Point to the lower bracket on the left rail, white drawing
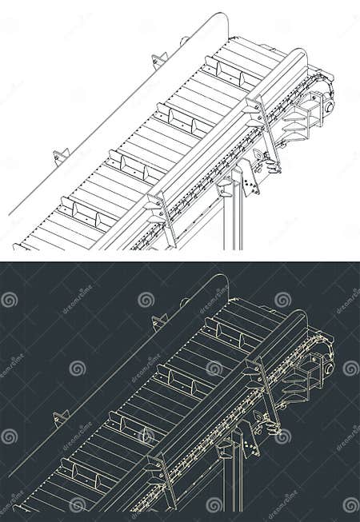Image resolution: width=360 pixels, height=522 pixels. (61, 156)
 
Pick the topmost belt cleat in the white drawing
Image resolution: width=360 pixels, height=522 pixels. (225, 73)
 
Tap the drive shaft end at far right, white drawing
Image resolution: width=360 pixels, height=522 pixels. (329, 105)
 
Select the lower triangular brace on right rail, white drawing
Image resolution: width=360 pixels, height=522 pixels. (157, 205)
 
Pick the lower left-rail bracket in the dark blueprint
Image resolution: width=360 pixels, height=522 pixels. (61, 417)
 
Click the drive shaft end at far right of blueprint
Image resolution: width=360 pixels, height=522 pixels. (329, 366)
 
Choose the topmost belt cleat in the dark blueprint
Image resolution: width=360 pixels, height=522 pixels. (225, 334)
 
